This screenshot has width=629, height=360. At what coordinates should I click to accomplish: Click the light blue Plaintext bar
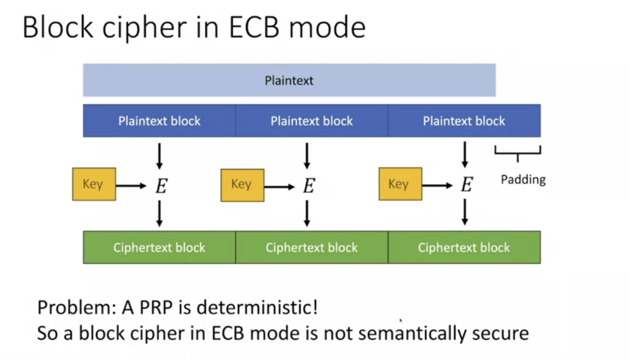pyautogui.click(x=289, y=80)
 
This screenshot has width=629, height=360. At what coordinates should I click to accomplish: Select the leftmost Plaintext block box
pyautogui.click(x=159, y=121)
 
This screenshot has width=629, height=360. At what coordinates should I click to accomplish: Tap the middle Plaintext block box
pyautogui.click(x=311, y=121)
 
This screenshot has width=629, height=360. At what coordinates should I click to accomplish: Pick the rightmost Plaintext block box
pyautogui.click(x=464, y=121)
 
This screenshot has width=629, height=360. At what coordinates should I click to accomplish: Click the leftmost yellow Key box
pyautogui.click(x=94, y=184)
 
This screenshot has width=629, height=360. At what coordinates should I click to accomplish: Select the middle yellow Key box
pyautogui.click(x=242, y=185)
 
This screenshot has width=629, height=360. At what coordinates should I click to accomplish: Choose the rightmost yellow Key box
pyautogui.click(x=400, y=184)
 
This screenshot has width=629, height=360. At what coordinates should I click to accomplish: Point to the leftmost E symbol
pyautogui.click(x=161, y=186)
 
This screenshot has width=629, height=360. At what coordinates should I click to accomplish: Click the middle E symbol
pyautogui.click(x=308, y=186)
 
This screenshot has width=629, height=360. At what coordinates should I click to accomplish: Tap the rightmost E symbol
pyautogui.click(x=467, y=185)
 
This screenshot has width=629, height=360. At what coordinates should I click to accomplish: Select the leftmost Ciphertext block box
pyautogui.click(x=159, y=247)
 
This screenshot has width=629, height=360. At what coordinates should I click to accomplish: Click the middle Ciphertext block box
pyautogui.click(x=311, y=247)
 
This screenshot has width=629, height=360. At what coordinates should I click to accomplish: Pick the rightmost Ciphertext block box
pyautogui.click(x=464, y=247)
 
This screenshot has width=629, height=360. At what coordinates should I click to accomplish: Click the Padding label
pyautogui.click(x=523, y=180)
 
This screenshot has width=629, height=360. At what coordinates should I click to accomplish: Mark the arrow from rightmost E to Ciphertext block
pyautogui.click(x=465, y=212)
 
